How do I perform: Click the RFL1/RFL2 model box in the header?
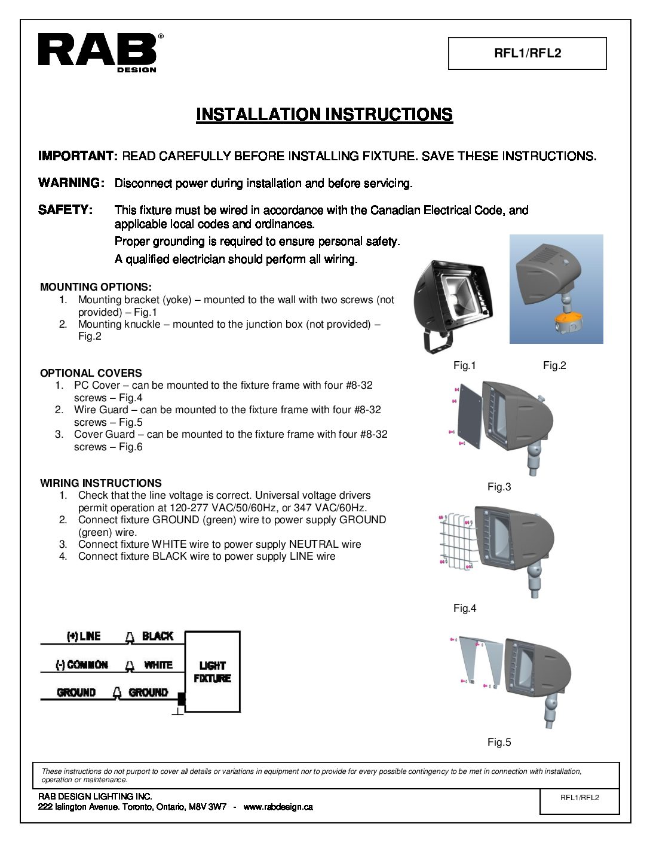tap(527, 53)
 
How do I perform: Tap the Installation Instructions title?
tap(324, 114)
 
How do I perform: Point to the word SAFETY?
tap(65, 210)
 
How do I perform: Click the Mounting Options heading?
tap(96, 287)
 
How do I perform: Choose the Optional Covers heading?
tap(91, 373)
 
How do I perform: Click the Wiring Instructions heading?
tap(100, 483)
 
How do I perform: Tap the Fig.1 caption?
tap(464, 365)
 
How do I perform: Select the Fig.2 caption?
tap(554, 365)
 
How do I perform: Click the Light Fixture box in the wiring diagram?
tap(212, 672)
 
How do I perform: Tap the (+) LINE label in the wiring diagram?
tap(83, 636)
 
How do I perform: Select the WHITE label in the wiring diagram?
tap(158, 665)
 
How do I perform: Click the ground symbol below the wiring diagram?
tap(178, 712)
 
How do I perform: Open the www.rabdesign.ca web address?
tap(278, 807)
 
